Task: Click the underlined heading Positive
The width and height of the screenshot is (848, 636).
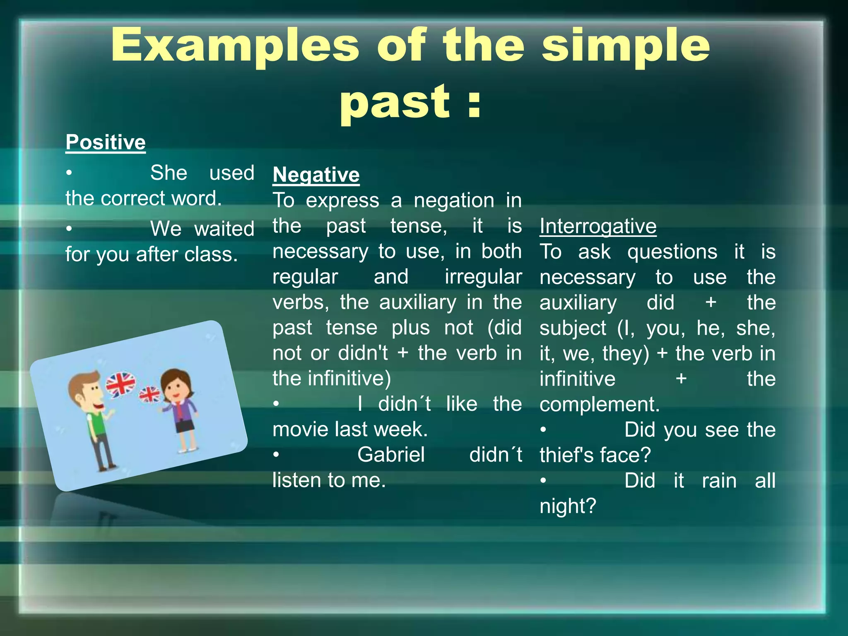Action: tap(105, 142)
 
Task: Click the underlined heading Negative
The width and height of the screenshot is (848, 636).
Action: tap(316, 175)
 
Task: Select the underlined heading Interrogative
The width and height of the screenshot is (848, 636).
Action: tap(598, 226)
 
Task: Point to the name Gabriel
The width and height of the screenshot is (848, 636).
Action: tap(391, 455)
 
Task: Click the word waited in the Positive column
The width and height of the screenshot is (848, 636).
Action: tap(224, 229)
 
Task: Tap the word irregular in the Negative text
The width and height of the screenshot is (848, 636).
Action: tap(483, 277)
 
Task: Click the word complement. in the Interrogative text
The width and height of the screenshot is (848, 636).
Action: tap(599, 405)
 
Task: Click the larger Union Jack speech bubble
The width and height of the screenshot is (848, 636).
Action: tap(120, 384)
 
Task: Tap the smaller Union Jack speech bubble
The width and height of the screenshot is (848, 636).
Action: tap(150, 395)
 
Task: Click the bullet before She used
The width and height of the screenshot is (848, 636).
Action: tap(69, 173)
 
